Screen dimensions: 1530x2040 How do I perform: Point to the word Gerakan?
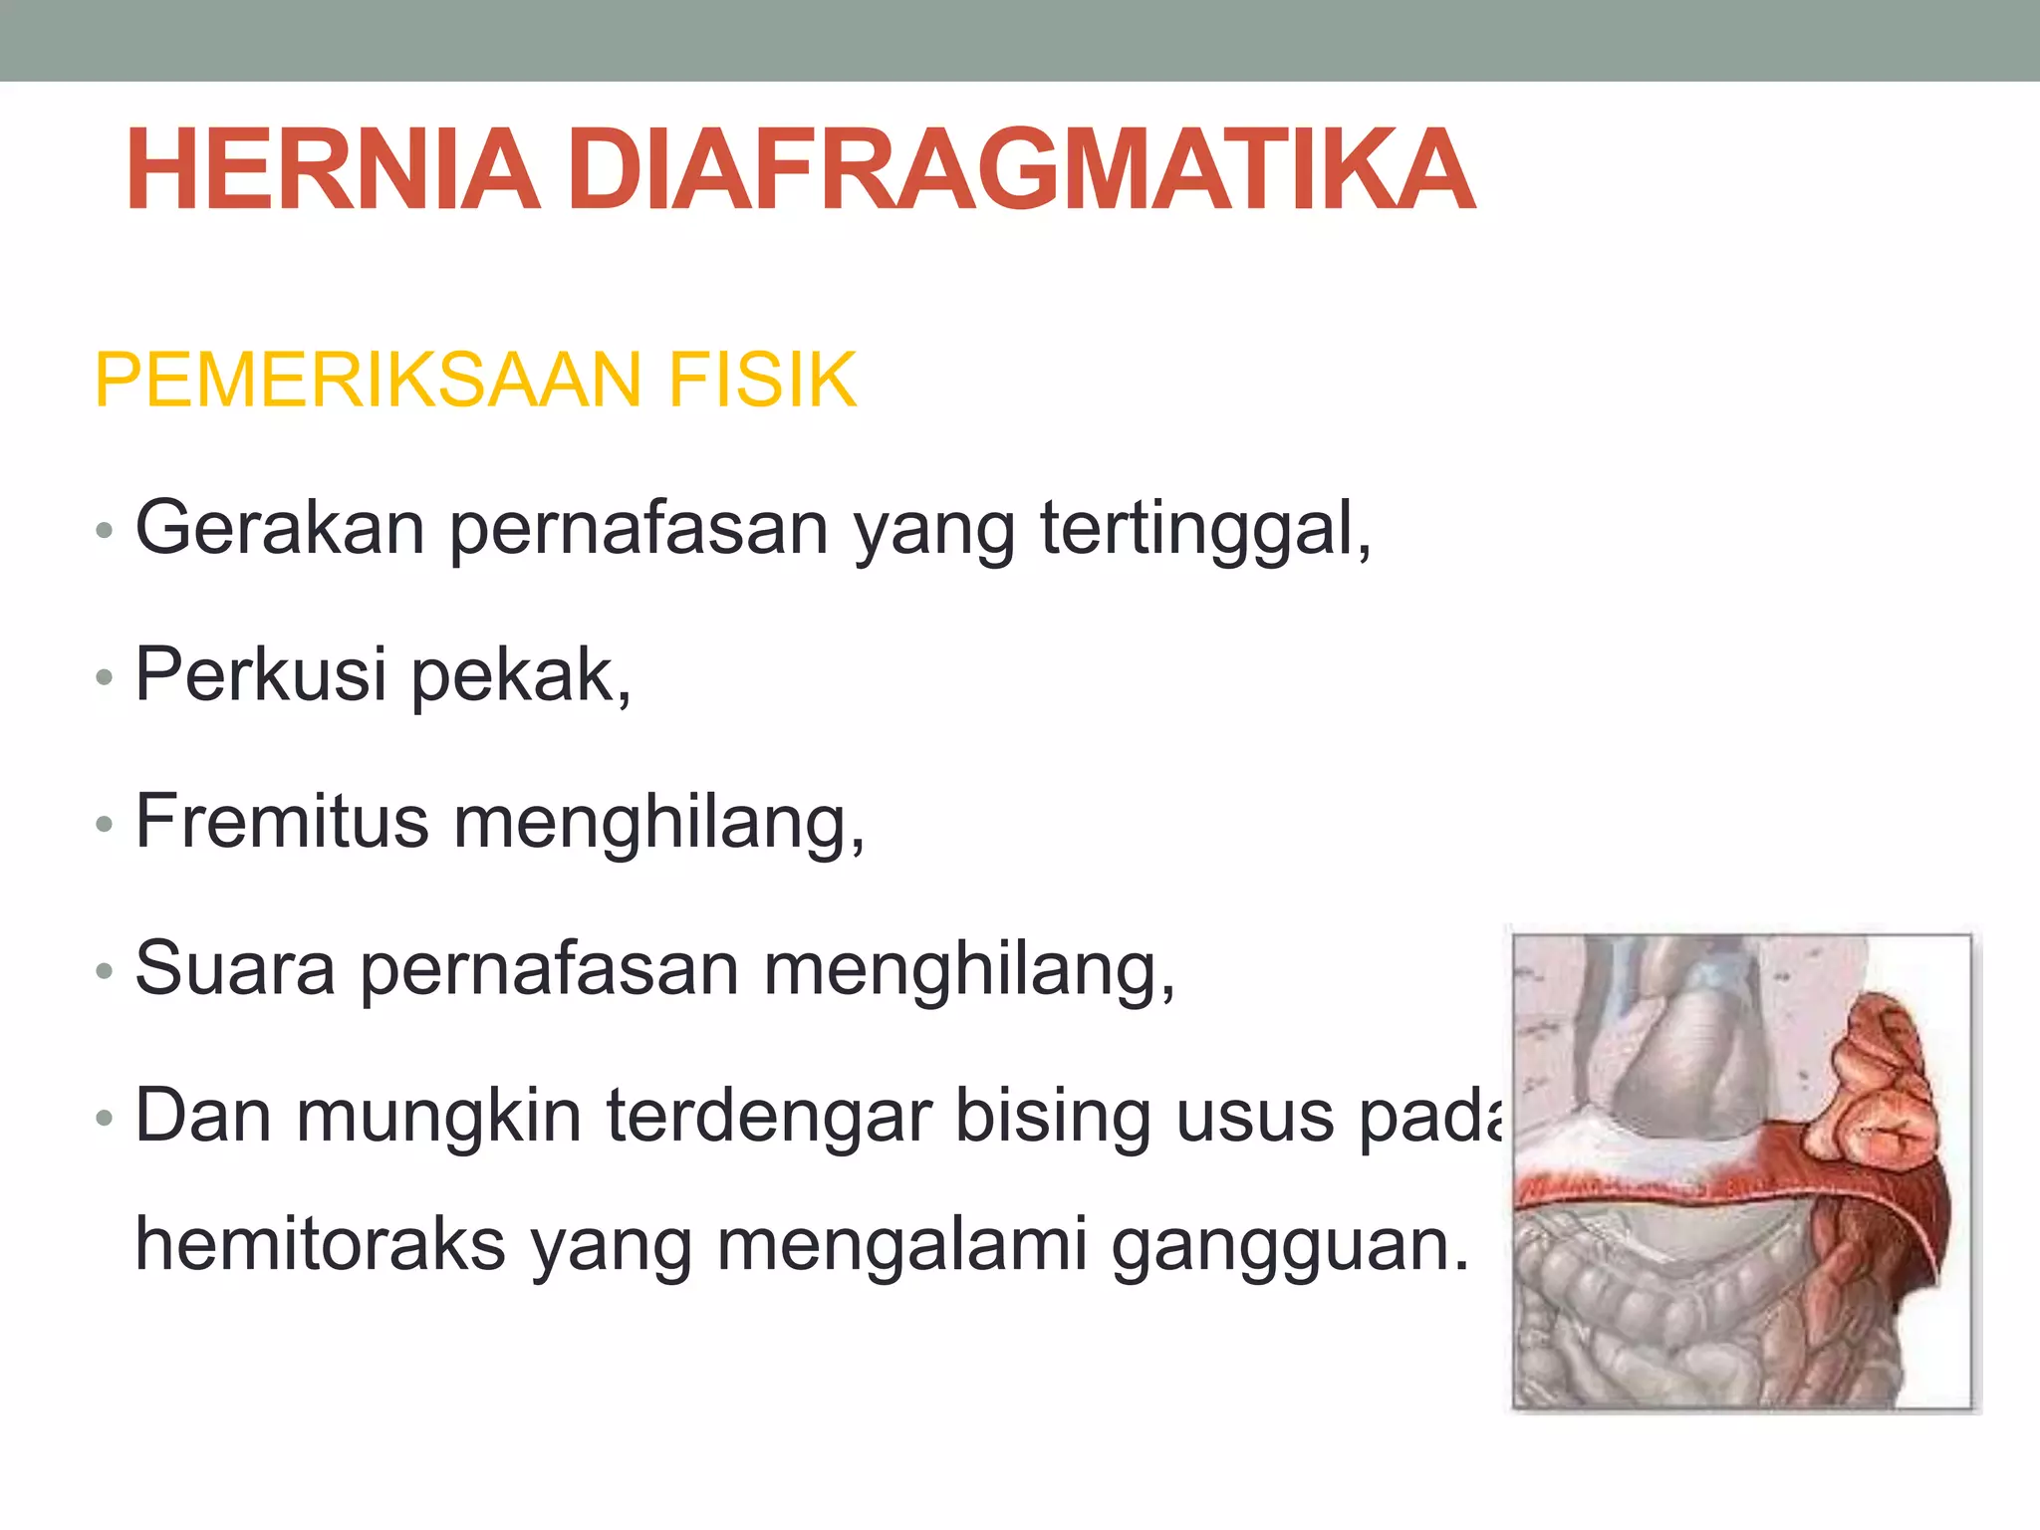279,527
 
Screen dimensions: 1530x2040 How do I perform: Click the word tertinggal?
1204,529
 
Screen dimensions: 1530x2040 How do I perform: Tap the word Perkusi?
260,674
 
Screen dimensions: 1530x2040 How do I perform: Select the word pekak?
521,676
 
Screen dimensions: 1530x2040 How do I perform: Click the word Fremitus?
282,822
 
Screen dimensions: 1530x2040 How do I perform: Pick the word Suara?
235,968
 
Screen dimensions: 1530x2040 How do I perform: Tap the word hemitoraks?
320,1244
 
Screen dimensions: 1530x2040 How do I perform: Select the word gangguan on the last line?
1290,1246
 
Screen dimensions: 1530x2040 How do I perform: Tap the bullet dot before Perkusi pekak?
104,678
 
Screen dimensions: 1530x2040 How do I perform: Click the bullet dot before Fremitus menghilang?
104,825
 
